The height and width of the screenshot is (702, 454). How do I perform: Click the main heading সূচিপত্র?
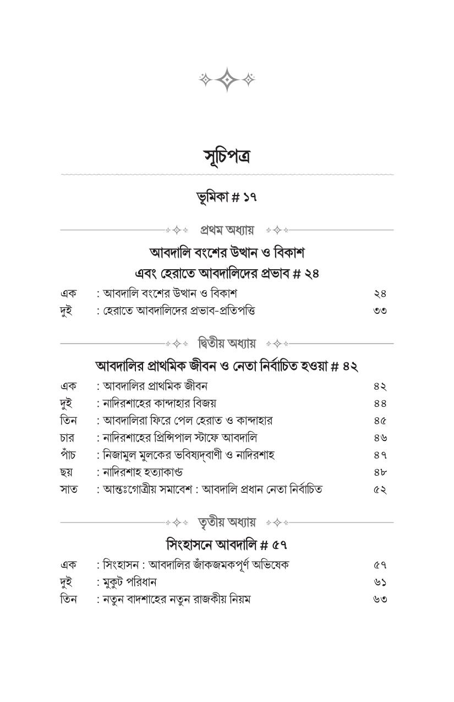226,157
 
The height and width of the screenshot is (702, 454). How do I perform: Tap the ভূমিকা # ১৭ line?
226,197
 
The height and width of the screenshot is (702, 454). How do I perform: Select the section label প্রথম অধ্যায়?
226,230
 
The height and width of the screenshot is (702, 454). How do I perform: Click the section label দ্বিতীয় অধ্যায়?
226,344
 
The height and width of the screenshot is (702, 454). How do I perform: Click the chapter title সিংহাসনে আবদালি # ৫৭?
226,545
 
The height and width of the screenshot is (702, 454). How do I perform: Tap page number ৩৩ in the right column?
380,311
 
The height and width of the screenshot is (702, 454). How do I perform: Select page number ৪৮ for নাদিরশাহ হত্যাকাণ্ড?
380,472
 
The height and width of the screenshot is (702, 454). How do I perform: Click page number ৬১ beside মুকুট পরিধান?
380,582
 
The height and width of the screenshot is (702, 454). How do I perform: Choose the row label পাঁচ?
67,454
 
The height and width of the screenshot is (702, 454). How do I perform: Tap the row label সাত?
68,489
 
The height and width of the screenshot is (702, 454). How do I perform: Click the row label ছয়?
67,472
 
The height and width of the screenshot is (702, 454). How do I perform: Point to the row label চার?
67,438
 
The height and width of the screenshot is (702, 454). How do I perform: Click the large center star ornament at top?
226,79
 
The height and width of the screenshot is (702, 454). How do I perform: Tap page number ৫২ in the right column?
380,489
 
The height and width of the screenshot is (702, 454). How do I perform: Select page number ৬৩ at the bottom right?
380,599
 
